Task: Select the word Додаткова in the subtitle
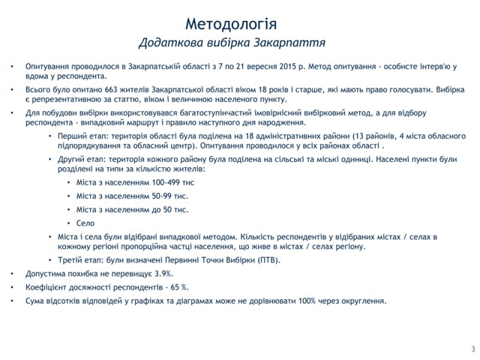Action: click(x=169, y=40)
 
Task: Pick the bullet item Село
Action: click(x=85, y=223)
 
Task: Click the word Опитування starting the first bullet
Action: click(x=49, y=65)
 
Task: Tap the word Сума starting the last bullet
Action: click(x=35, y=301)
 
